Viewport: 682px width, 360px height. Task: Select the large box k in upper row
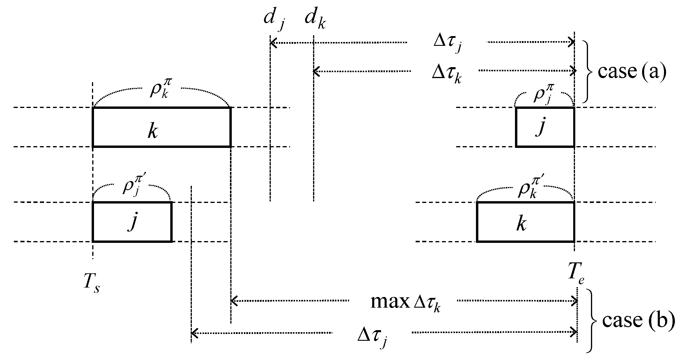161,127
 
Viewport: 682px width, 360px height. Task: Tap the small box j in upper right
545,127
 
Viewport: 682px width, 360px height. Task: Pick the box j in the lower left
132,222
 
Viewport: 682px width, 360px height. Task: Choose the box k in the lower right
525,222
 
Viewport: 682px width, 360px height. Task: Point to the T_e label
575,275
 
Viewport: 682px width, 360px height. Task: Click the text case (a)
632,72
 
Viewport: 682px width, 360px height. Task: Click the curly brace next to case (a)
588,72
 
